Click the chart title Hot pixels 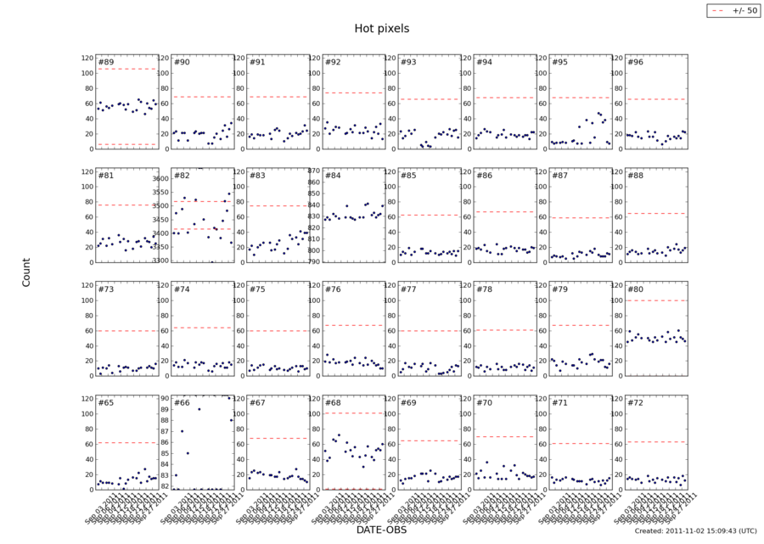tap(381, 28)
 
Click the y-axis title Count tap(26, 272)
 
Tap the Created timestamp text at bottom tap(695, 530)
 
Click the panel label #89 tap(106, 63)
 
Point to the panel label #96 tap(633, 63)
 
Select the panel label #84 tap(332, 177)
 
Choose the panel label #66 tap(181, 403)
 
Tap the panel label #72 tap(633, 403)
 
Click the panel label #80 tap(633, 289)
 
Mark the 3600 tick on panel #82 tap(160, 179)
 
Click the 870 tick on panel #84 tap(311, 171)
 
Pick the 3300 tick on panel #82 tap(160, 261)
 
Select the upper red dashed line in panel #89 tap(127, 69)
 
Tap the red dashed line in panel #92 tap(353, 93)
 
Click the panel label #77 tap(407, 289)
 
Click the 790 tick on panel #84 tap(311, 261)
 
